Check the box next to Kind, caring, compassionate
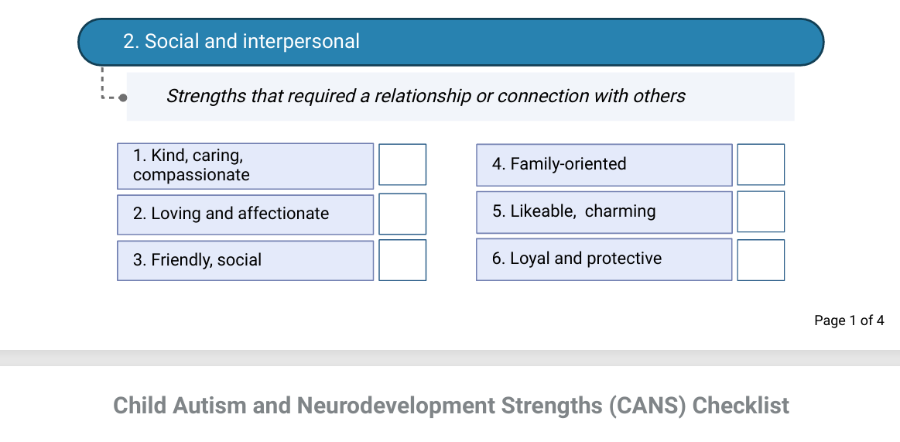point(402,164)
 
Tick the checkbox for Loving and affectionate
point(402,214)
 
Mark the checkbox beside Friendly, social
point(402,260)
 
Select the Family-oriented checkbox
point(761,164)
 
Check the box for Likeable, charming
point(761,212)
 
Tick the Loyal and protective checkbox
point(761,260)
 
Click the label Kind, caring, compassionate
point(191,166)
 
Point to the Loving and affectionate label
point(231,214)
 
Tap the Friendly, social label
point(197,260)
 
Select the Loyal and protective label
point(577,259)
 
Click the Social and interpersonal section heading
point(241,41)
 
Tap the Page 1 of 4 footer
point(849,320)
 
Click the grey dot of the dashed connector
point(122,98)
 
